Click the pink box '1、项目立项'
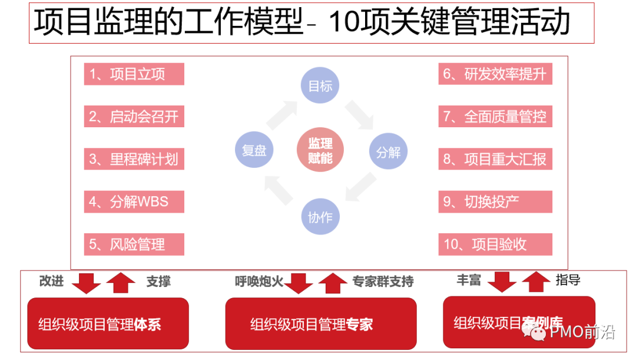click(134, 74)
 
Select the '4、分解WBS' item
click(134, 202)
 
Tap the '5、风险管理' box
click(134, 244)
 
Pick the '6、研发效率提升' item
click(495, 74)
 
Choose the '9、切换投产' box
click(495, 202)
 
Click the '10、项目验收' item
click(495, 244)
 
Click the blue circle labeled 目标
click(320, 86)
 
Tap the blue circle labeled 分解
click(388, 152)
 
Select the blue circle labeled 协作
click(320, 217)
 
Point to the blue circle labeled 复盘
click(254, 150)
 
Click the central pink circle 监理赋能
click(320, 151)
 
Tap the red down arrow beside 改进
click(86, 282)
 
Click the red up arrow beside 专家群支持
click(333, 282)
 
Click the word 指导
click(568, 280)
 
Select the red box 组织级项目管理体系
click(108, 323)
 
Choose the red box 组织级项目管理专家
click(320, 323)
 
